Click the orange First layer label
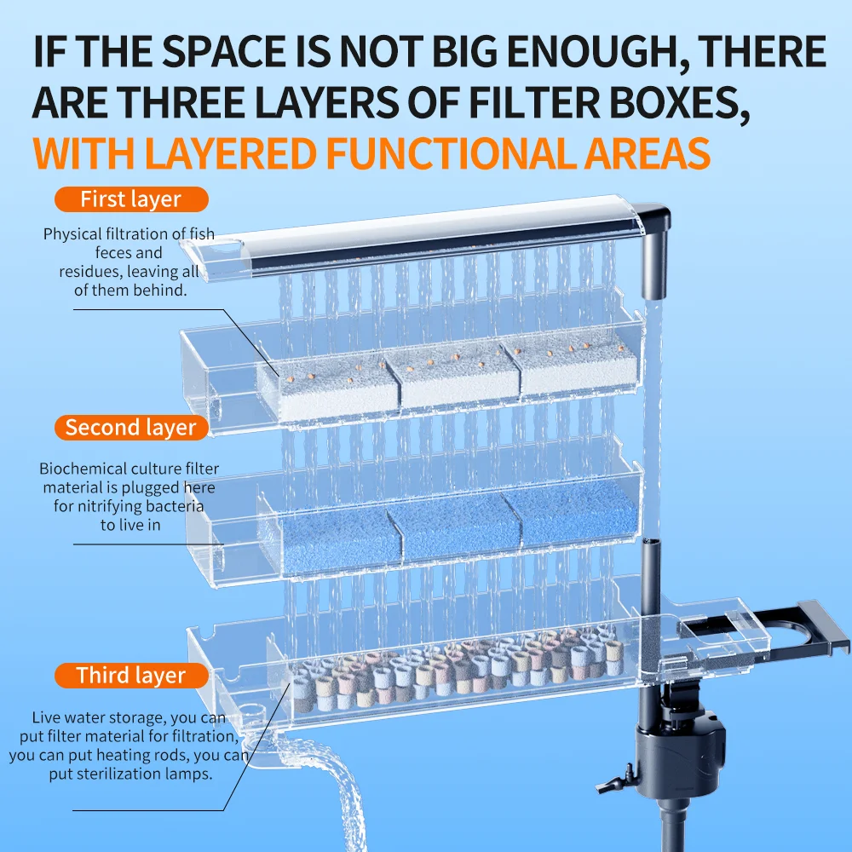(x=131, y=199)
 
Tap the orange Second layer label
(x=131, y=428)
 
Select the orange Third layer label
(x=131, y=676)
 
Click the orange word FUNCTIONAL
(x=452, y=153)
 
